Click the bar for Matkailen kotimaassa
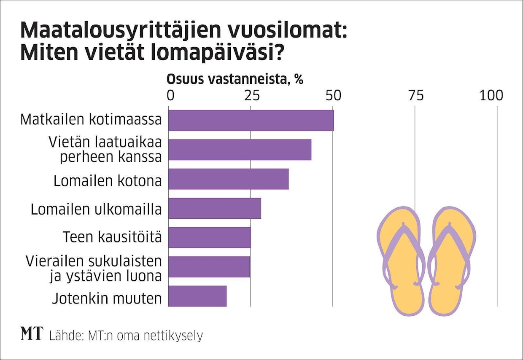251,121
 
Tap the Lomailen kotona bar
228,179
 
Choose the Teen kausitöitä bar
209,238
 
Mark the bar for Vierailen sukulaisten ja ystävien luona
209,267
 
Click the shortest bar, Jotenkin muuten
197,296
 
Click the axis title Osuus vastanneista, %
235,79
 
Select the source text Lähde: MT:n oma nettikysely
126,336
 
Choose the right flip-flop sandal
451,261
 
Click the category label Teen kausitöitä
112,237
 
